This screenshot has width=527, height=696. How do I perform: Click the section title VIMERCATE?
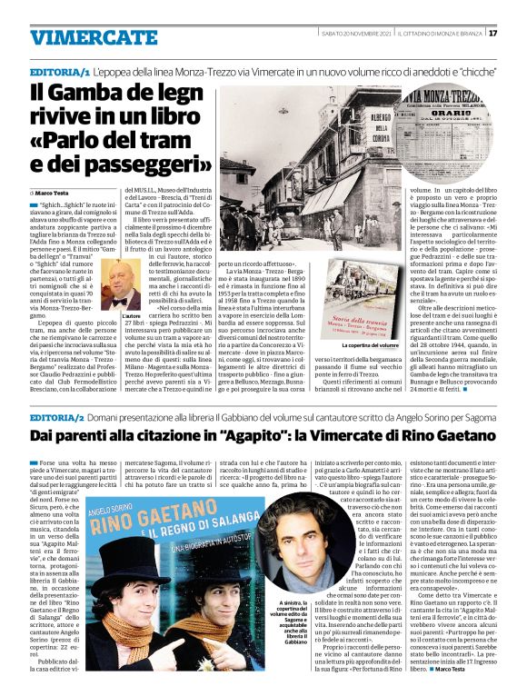(80, 37)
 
